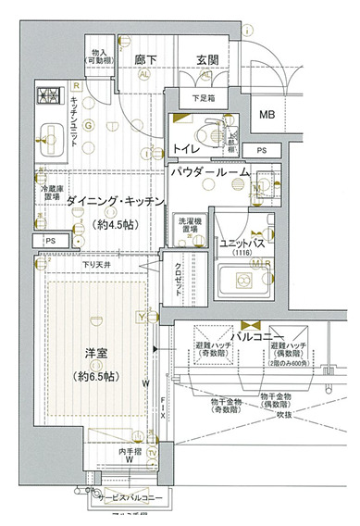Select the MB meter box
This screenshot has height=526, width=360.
coord(267,115)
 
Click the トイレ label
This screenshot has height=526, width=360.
coord(189,149)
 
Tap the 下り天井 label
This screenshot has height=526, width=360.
coord(97,266)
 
